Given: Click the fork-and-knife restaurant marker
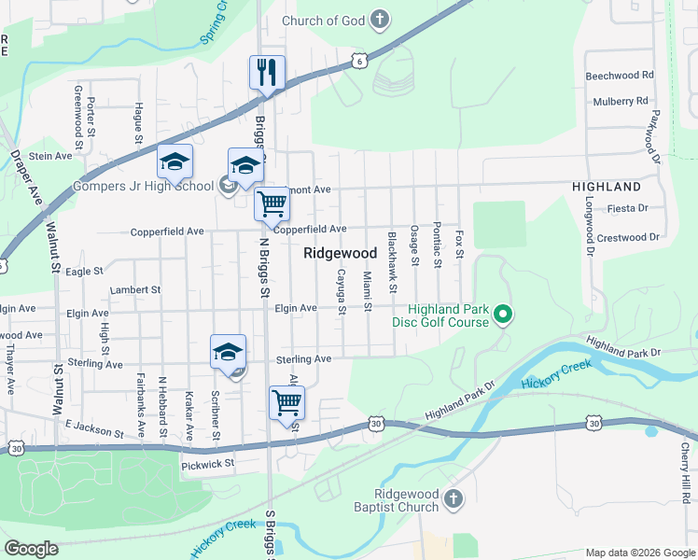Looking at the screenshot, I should [x=267, y=73].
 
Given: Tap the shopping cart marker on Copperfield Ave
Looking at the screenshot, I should [x=272, y=203].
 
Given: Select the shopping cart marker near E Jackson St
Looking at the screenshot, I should [x=286, y=403].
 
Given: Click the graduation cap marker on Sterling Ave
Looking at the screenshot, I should [x=228, y=352].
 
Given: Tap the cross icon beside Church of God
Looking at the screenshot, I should [x=380, y=19].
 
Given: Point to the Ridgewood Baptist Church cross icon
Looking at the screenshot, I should [x=454, y=499].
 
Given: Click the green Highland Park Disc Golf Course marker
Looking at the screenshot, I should [x=503, y=315].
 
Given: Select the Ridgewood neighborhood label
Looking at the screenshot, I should [x=340, y=253].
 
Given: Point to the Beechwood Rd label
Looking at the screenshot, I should [x=619, y=76].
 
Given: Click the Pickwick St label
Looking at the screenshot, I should [x=208, y=462].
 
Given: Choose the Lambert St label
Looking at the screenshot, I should [x=135, y=290].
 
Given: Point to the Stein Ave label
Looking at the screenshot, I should [x=50, y=156].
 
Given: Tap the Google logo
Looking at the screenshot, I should [x=31, y=549].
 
